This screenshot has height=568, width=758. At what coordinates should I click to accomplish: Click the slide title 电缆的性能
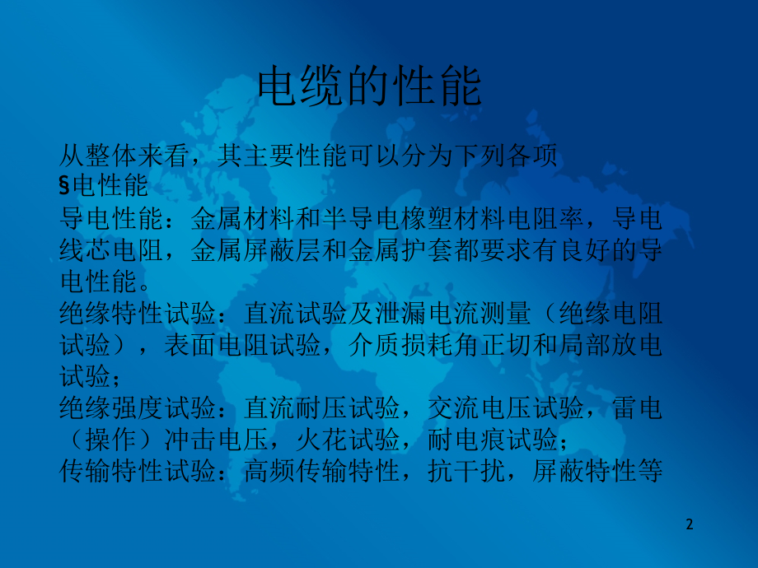(370, 86)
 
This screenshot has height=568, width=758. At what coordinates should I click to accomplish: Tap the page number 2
(690, 524)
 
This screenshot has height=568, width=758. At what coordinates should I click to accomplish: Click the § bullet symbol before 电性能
(65, 185)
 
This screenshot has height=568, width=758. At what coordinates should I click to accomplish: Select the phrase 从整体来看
(124, 156)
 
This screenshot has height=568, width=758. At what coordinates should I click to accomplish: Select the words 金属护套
(400, 250)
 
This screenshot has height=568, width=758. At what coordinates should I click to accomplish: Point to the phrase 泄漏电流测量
(453, 313)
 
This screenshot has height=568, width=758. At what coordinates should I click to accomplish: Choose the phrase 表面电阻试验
(242, 345)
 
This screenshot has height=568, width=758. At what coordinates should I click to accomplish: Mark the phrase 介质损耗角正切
(439, 345)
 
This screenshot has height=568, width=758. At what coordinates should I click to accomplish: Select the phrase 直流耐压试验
(321, 407)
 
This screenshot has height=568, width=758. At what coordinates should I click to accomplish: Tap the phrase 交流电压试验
(505, 407)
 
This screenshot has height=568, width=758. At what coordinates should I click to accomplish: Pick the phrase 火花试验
(348, 440)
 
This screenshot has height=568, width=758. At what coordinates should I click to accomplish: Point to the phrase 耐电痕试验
(493, 440)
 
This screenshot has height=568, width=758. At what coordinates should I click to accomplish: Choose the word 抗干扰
(466, 471)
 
